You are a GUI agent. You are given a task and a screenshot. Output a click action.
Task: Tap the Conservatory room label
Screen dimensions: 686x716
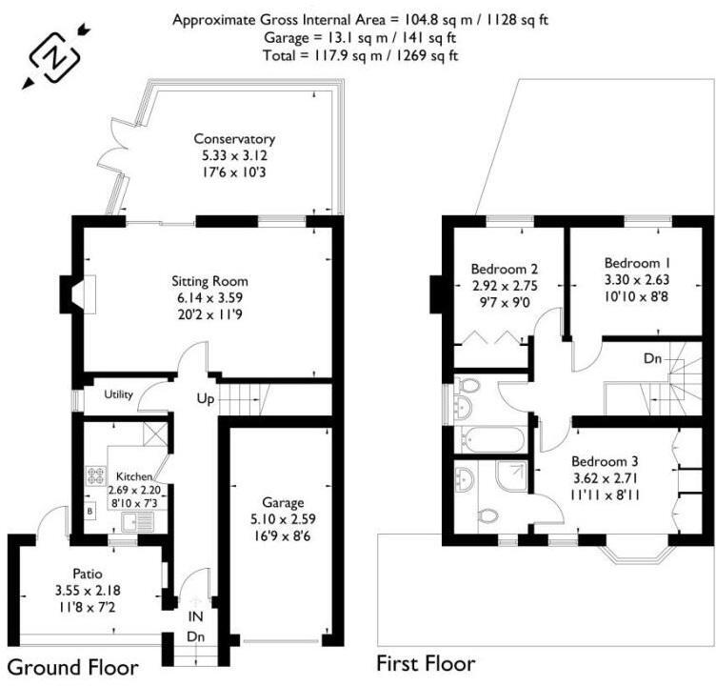pos(234,138)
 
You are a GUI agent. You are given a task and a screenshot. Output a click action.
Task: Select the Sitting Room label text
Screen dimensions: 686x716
pos(209,281)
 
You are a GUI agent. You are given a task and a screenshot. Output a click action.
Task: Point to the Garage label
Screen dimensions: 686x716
pos(284,502)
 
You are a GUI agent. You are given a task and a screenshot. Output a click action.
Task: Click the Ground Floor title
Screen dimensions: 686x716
pos(73,666)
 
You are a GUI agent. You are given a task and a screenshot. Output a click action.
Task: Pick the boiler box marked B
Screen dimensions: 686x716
pos(90,511)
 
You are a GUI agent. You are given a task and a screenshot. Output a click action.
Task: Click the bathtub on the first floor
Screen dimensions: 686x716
pos(491,440)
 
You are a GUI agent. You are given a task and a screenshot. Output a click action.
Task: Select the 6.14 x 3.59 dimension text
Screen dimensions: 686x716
pos(209,297)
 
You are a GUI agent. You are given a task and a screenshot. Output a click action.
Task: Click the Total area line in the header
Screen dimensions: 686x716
pos(361,54)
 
